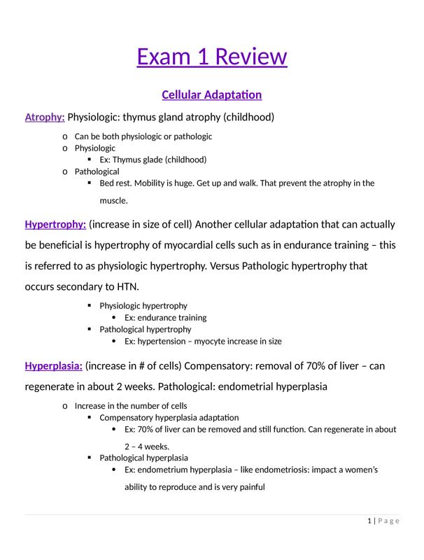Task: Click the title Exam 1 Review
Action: tap(211, 56)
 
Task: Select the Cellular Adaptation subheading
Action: tap(211, 94)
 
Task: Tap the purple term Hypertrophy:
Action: tap(55, 225)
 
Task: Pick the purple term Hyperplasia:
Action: tap(53, 366)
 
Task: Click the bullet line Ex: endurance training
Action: tap(165, 317)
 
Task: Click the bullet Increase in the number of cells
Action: tap(131, 406)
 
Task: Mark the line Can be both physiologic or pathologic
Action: tap(143, 136)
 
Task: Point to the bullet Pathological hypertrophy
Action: tap(145, 329)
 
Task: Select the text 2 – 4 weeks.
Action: tap(147, 446)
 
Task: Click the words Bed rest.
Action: tap(115, 183)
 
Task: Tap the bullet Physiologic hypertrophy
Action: tap(143, 306)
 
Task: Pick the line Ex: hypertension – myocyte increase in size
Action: tap(203, 342)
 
